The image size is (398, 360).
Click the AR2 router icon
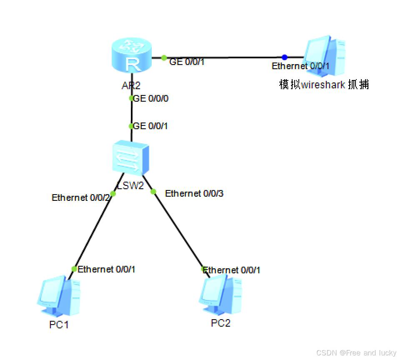click(x=131, y=55)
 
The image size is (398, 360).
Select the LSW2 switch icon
click(x=131, y=159)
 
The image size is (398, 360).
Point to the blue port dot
click(x=284, y=57)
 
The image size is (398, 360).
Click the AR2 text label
click(x=131, y=86)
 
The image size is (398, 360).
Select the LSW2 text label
click(x=130, y=185)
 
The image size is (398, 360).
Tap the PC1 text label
click(x=59, y=325)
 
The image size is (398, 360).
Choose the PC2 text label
click(x=220, y=323)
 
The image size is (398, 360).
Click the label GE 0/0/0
click(x=150, y=99)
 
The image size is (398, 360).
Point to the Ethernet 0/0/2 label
click(x=81, y=197)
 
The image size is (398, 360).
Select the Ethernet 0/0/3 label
click(x=194, y=193)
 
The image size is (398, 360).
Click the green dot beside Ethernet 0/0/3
click(x=153, y=192)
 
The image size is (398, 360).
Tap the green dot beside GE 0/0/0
click(x=131, y=99)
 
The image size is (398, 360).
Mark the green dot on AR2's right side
click(x=164, y=57)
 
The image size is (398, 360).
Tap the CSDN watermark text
click(x=356, y=353)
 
